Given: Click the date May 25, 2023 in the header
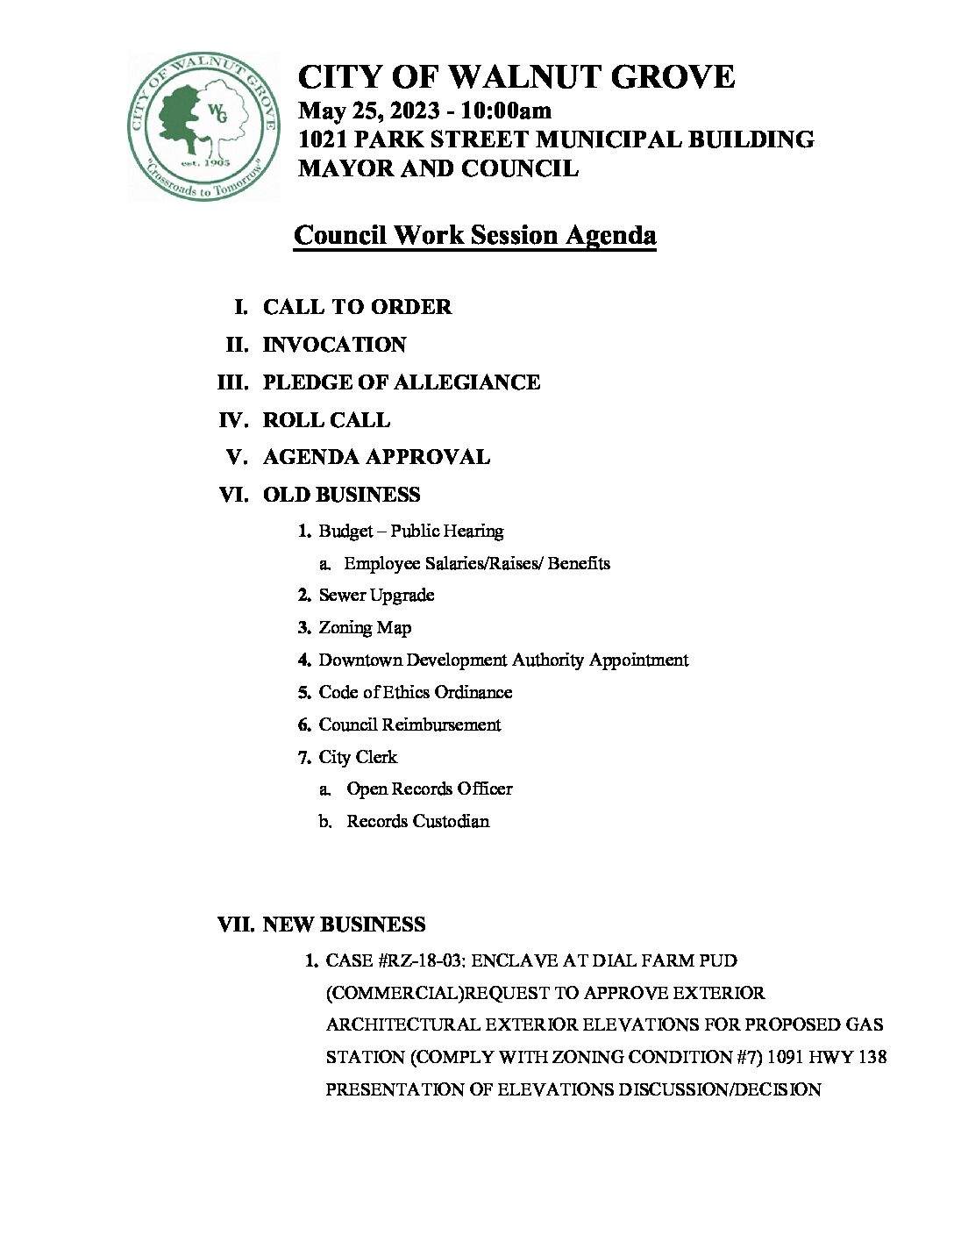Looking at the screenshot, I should coord(369,111).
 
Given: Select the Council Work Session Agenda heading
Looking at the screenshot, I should coord(475,236).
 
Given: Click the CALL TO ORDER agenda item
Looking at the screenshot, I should coord(357,307).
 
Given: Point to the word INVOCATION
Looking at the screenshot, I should coord(334,345).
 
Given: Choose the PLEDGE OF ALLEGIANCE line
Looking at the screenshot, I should coord(401,382).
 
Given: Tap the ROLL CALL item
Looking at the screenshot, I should coord(326,420).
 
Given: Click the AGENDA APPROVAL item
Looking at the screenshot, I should coord(376,457).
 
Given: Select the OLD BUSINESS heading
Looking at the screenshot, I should coord(341,495).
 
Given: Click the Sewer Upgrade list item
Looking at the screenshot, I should coord(376,596).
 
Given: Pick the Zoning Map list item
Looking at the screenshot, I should coord(365,628).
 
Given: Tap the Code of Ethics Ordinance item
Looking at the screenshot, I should coord(415,692).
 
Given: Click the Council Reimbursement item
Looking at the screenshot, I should coord(409,725).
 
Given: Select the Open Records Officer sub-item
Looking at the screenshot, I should coord(429,789).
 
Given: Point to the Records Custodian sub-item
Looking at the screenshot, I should coord(417,821).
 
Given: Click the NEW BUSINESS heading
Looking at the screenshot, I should coord(344,924).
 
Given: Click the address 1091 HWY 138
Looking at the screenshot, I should coord(826,1058).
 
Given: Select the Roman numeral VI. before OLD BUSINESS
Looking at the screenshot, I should coord(232,495).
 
